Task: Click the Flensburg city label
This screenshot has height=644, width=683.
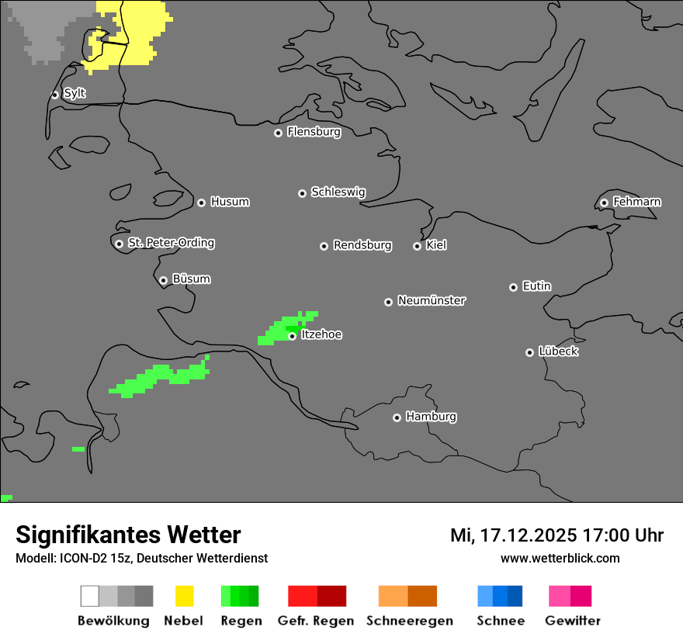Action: (314, 132)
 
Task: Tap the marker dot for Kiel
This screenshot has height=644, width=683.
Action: (417, 246)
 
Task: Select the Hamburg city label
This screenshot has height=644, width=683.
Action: (431, 417)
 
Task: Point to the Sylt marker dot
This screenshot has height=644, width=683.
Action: (55, 95)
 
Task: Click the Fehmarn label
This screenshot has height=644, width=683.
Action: (636, 202)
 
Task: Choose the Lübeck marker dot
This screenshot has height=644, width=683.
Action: (529, 352)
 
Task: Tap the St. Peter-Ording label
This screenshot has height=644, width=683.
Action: (171, 243)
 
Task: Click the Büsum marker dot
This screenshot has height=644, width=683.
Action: (163, 280)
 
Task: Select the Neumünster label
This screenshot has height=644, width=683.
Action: (432, 300)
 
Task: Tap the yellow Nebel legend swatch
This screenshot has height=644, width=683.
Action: (185, 596)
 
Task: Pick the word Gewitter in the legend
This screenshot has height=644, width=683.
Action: (573, 621)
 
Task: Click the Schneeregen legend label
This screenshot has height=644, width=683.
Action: (410, 621)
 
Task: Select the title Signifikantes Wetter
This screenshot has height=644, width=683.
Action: (128, 535)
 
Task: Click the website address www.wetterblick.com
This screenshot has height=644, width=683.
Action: (560, 558)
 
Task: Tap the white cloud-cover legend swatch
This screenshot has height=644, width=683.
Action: (90, 596)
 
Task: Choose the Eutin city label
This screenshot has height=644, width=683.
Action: (536, 286)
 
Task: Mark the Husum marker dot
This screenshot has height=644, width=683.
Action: (201, 203)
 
